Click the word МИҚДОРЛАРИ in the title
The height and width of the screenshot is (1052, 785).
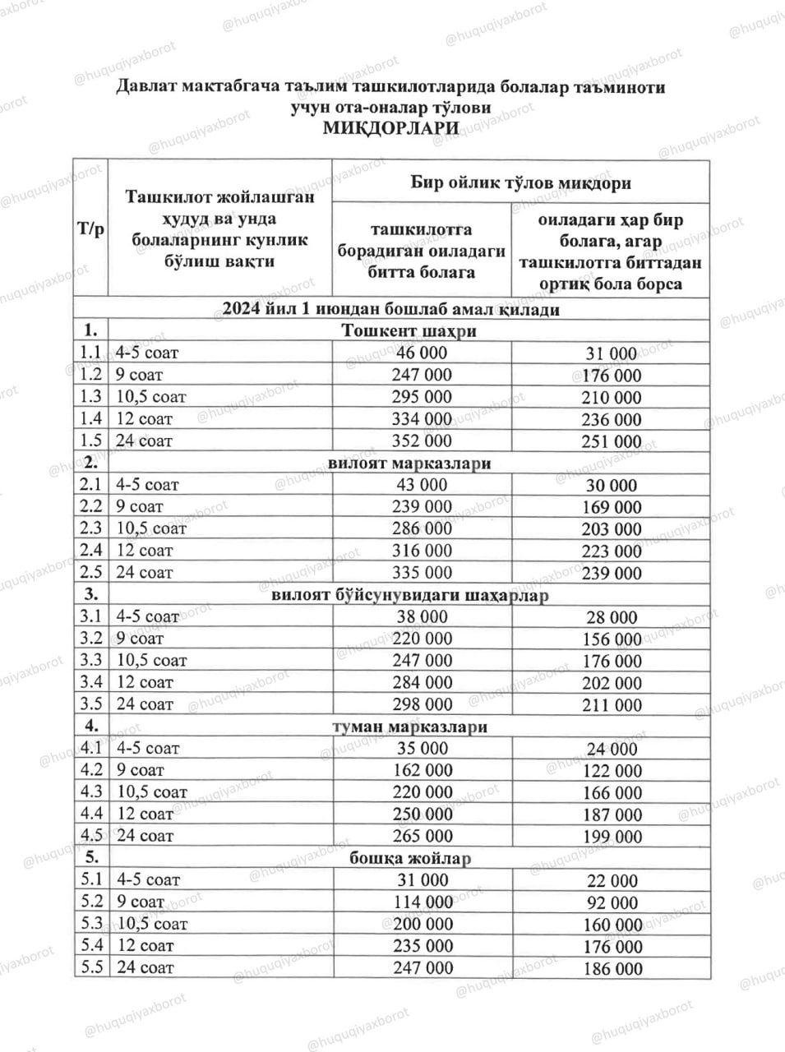click(391, 128)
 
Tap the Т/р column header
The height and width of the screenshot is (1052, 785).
click(90, 228)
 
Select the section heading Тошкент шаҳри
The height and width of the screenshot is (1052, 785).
click(409, 331)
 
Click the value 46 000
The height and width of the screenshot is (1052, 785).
click(422, 353)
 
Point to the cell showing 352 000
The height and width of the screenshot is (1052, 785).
click(422, 441)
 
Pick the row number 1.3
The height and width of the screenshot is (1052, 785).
click(90, 396)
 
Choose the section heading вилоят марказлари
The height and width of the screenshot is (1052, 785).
click(409, 463)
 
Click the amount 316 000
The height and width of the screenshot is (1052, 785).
click(422, 551)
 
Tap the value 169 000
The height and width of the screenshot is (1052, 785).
click(611, 507)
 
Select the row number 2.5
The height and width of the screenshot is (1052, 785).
click(90, 572)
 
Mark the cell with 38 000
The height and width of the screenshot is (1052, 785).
click(422, 616)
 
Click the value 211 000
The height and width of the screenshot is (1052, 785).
click(611, 705)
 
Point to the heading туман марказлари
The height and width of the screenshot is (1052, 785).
click(409, 727)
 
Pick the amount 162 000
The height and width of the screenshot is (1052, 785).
click(422, 770)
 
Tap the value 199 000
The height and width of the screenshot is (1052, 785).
click(611, 837)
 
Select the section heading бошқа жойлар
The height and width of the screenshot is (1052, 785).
click(409, 858)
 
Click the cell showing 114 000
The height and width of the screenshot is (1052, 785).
click(422, 902)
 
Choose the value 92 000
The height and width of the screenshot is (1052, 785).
click(611, 902)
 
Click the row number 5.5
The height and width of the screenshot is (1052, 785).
click(91, 967)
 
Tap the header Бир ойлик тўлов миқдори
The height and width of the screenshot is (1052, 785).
click(520, 182)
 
